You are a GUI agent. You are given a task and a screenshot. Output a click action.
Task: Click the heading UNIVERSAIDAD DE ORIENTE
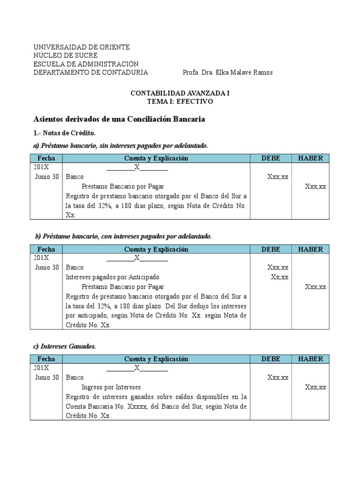pyautogui.click(x=81, y=47)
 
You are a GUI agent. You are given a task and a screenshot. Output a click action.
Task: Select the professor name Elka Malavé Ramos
pyautogui.click(x=242, y=72)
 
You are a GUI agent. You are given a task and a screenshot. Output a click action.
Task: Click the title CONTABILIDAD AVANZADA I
pyautogui.click(x=180, y=93)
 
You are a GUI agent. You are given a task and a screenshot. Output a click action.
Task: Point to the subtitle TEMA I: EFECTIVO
pyautogui.click(x=180, y=101)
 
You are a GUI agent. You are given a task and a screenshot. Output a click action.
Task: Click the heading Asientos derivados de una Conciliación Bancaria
pyautogui.click(x=120, y=119)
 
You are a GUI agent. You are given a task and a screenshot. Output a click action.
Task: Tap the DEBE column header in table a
pyautogui.click(x=270, y=158)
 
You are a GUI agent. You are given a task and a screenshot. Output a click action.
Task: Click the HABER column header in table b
pyautogui.click(x=310, y=249)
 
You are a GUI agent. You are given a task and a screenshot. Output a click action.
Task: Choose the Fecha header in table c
pyautogui.click(x=46, y=359)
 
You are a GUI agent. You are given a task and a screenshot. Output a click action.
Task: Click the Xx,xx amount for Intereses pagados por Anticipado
pyautogui.click(x=279, y=277)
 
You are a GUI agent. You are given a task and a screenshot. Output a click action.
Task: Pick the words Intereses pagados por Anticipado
pyautogui.click(x=113, y=277)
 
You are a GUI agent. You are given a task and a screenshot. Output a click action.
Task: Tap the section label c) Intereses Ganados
pyautogui.click(x=64, y=346)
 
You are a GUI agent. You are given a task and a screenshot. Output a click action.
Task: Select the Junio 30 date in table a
pyautogui.click(x=47, y=177)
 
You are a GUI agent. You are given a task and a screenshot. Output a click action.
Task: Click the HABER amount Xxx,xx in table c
pyautogui.click(x=315, y=387)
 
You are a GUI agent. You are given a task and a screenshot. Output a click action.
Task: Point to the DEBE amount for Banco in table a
pyautogui.click(x=277, y=177)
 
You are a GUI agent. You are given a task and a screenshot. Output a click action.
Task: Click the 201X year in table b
pyautogui.click(x=41, y=258)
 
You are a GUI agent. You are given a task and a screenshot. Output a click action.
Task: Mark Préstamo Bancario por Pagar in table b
pyautogui.click(x=123, y=286)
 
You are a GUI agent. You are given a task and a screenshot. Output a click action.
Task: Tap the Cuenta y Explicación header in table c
pyautogui.click(x=156, y=359)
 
